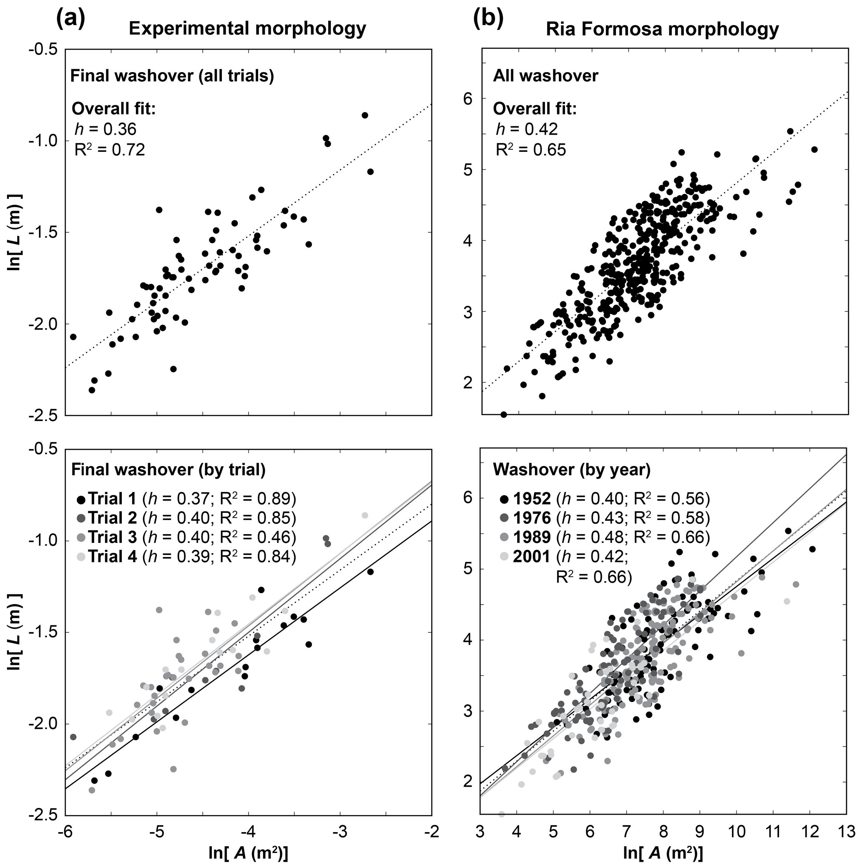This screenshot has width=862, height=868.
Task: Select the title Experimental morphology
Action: coord(247,29)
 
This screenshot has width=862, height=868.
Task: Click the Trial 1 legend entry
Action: coord(186,499)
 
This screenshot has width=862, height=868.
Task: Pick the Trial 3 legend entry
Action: coord(186,537)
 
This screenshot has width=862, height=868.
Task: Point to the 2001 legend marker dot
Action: coord(504,557)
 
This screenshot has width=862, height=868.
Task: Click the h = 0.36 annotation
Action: coord(105,129)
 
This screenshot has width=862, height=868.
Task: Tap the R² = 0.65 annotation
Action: coord(531,150)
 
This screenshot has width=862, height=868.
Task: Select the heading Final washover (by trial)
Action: coord(168,469)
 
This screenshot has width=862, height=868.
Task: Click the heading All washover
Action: coord(545,76)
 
